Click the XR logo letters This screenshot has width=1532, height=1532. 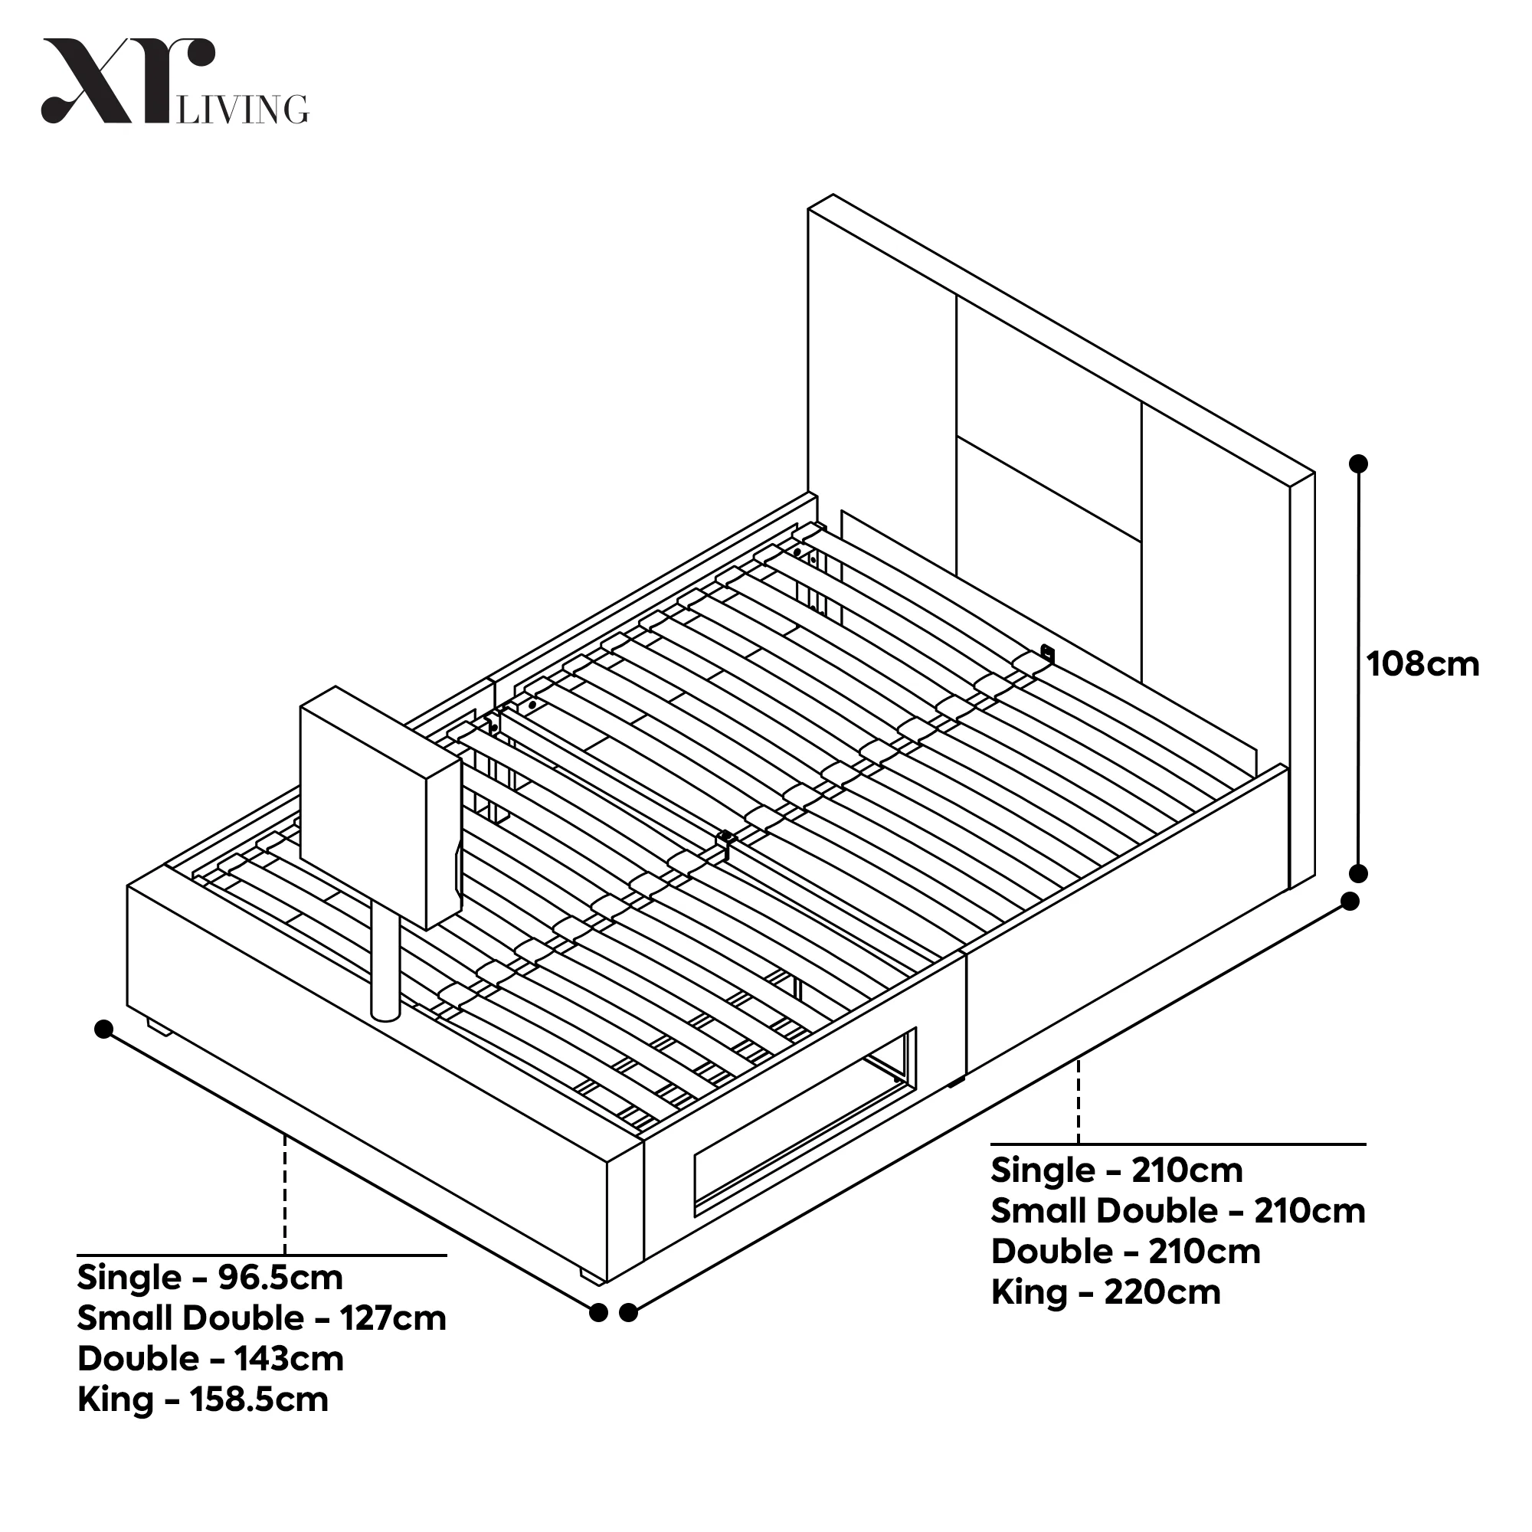127,81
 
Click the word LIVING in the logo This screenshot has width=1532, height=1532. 243,110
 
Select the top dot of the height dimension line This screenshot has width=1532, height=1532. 1358,463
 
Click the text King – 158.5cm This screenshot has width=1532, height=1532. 203,1399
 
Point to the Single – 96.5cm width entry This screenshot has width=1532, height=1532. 210,1278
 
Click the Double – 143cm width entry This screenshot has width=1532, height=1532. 210,1359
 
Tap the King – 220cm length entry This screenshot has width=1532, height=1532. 1105,1292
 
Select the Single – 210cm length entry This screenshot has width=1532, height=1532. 1117,1170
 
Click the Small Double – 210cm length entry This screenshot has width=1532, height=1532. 1177,1211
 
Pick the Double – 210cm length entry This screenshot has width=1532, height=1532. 1125,1252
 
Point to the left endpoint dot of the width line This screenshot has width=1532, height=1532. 103,1030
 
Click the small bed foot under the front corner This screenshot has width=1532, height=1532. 591,1276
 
